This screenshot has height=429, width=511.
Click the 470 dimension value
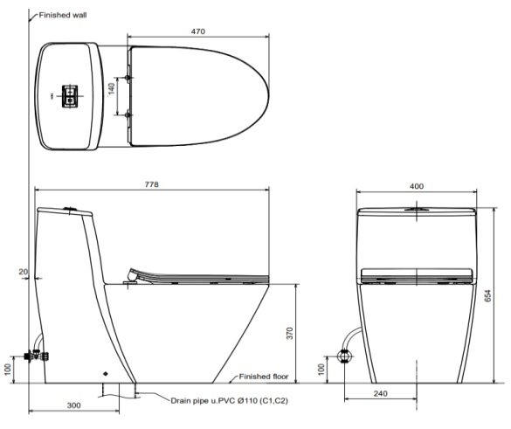(x=197, y=31)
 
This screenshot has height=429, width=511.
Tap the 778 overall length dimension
(x=151, y=184)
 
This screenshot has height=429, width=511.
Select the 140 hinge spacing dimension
(x=112, y=88)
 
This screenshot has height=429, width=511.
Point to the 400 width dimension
(x=416, y=186)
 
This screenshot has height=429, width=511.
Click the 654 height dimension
(x=487, y=295)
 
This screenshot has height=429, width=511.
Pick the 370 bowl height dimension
(x=290, y=333)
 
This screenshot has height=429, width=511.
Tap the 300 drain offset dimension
(x=73, y=405)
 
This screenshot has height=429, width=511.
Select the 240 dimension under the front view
(x=380, y=393)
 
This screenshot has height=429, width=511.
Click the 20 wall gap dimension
(x=23, y=272)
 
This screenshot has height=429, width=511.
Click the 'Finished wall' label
(x=63, y=15)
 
